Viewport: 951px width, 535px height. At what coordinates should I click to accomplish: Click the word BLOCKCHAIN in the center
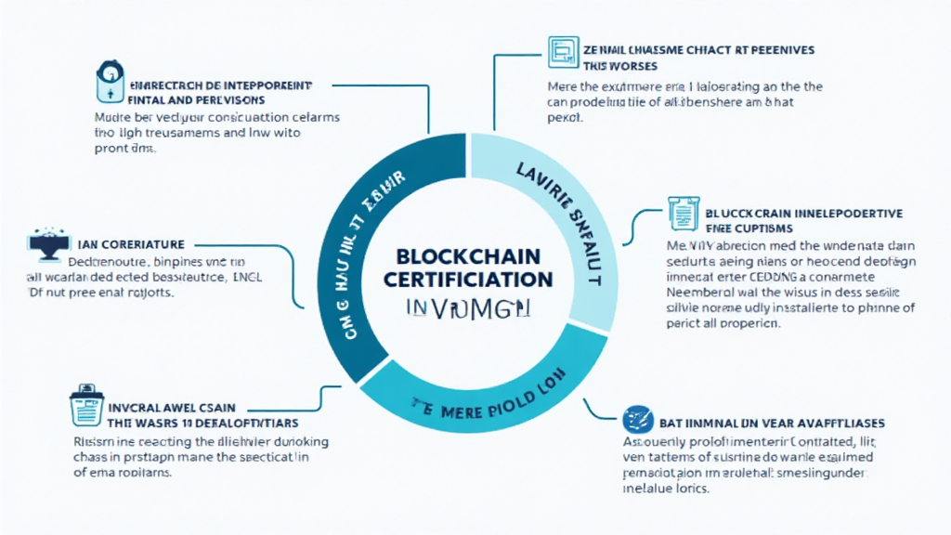pyautogui.click(x=475, y=257)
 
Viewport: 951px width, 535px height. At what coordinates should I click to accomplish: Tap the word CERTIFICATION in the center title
pyautogui.click(x=475, y=279)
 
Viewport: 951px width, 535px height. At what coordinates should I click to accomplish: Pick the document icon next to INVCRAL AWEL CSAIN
pyautogui.click(x=86, y=405)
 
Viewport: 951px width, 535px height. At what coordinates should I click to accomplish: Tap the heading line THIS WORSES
pyautogui.click(x=620, y=66)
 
